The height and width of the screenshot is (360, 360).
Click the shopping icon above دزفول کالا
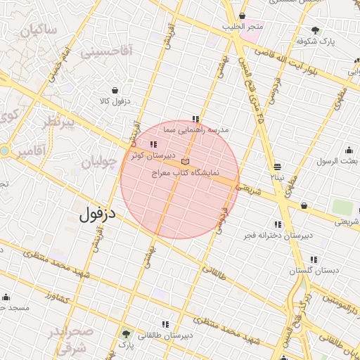point(115,90)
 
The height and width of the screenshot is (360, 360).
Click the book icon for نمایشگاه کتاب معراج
point(185,161)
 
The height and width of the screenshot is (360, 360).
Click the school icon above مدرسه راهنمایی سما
point(195,119)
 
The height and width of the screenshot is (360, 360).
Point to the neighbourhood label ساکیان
point(39,31)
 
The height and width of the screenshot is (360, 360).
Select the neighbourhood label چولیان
point(98,162)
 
